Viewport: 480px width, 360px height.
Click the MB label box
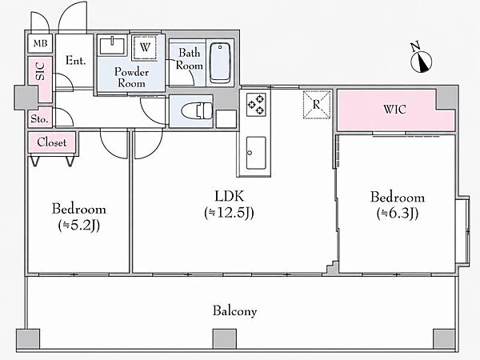coord(40,43)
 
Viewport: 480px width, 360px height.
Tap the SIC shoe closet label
coord(40,71)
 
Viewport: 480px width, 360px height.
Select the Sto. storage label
coord(39,118)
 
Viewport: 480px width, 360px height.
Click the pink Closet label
coord(51,142)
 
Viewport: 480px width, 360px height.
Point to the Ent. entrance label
coord(75,61)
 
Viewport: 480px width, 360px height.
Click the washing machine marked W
coord(145,47)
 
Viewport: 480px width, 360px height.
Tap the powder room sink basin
coord(112,45)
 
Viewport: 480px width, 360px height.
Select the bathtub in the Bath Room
coord(220,62)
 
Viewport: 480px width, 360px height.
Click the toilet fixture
coord(197,110)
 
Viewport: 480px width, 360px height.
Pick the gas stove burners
coord(256,105)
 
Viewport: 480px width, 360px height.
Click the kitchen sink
coord(256,153)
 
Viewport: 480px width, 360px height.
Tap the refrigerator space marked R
coord(317,104)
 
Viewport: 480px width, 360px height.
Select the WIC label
coord(394,110)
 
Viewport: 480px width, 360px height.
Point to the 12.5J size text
coord(229,213)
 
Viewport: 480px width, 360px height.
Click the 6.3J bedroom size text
coord(398,214)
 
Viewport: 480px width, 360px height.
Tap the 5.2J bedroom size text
coord(79,226)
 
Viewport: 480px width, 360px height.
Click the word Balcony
coord(234,311)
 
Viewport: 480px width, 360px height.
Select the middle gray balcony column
coord(224,339)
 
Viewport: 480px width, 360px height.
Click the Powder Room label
coord(132,78)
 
